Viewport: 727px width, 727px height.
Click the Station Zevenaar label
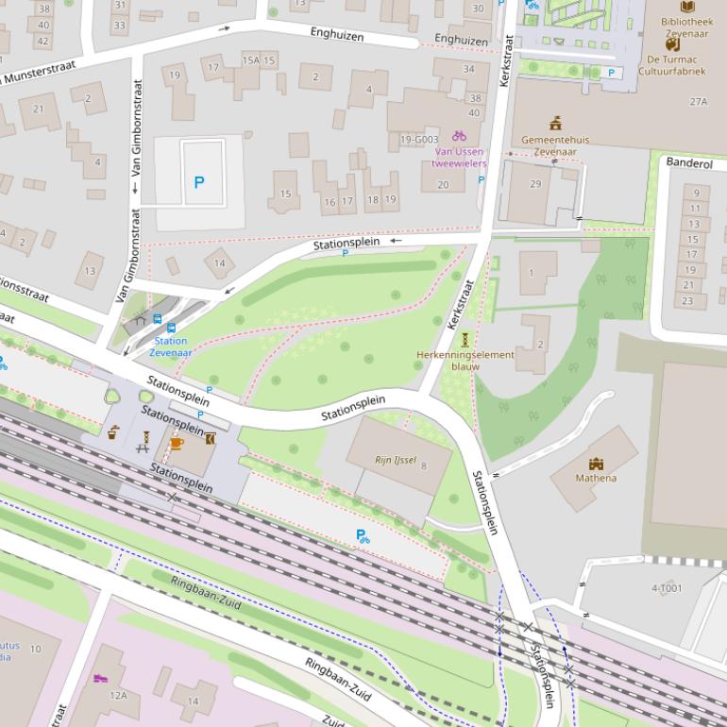[x=170, y=347]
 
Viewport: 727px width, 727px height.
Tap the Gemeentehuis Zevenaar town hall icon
[x=555, y=123]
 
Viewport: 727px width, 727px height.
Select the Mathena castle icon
[x=596, y=464]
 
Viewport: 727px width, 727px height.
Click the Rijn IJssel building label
[x=396, y=461]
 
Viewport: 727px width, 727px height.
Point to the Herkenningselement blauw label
[x=465, y=360]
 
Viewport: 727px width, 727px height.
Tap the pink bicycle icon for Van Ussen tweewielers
[x=459, y=136]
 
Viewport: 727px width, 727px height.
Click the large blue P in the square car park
[x=198, y=182]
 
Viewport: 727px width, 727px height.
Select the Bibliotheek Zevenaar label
[x=686, y=26]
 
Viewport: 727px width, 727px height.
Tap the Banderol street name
[x=689, y=163]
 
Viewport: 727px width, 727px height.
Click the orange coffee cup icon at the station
[x=176, y=444]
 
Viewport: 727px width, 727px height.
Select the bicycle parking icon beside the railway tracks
[x=363, y=536]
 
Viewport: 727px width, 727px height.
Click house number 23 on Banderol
[x=687, y=301]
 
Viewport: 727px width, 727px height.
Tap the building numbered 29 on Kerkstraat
[x=535, y=183]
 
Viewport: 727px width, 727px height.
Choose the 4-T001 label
[x=666, y=588]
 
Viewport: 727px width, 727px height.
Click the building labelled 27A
[x=698, y=101]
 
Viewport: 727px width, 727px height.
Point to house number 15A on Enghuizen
[x=250, y=60]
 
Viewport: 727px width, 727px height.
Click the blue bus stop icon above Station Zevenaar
[x=158, y=320]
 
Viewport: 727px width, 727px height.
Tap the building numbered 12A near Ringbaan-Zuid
[x=118, y=695]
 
